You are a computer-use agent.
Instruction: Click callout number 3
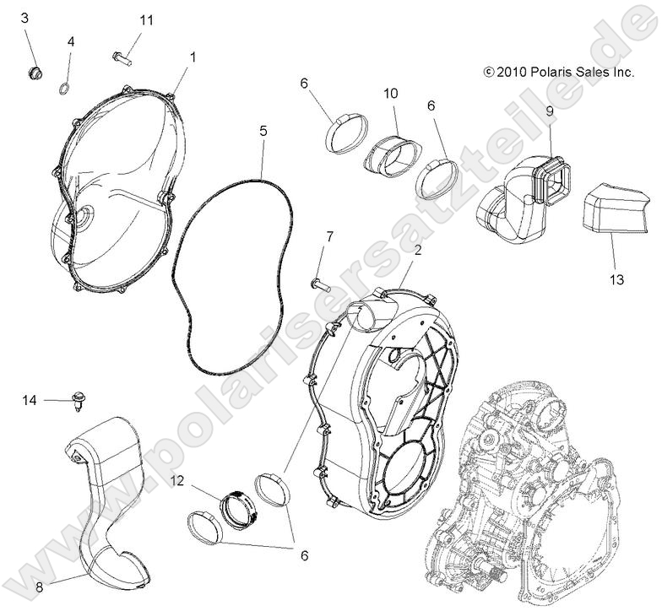[24, 18]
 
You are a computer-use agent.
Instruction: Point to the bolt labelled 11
[122, 58]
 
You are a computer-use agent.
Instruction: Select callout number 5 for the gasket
[263, 132]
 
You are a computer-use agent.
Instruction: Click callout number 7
[329, 235]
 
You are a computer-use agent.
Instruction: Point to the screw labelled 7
[317, 283]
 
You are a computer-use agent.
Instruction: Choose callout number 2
[416, 250]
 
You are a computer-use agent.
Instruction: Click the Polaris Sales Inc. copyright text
[558, 73]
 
